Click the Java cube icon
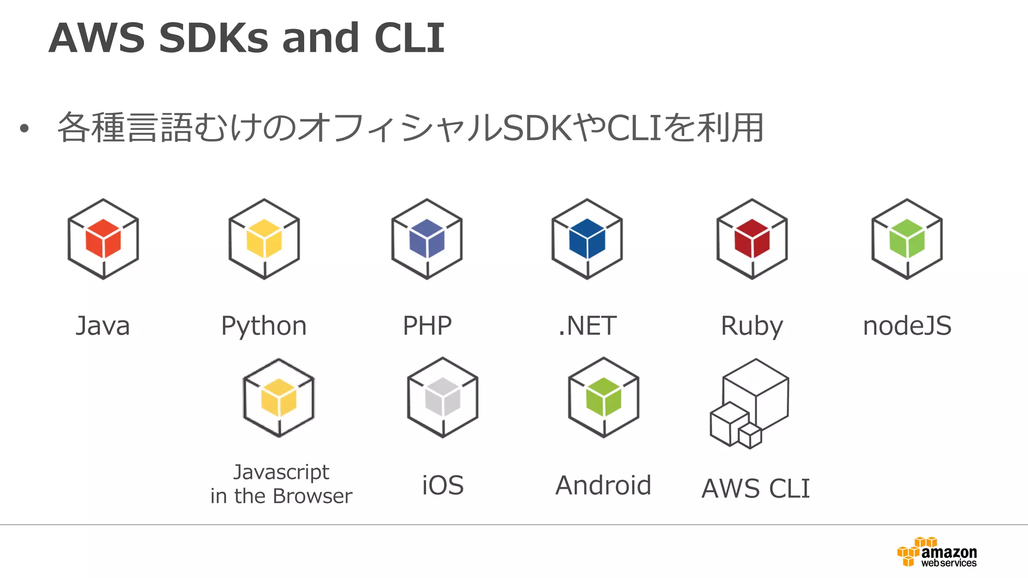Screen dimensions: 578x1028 point(103,239)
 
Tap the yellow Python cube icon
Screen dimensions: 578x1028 point(264,239)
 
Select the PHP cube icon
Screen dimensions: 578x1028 point(427,239)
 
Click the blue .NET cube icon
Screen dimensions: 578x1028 point(587,239)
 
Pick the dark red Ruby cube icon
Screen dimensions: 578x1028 point(752,239)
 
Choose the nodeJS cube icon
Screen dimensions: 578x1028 point(907,239)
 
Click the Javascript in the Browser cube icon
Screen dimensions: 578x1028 point(279,397)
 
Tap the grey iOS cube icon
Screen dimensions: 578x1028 point(443,397)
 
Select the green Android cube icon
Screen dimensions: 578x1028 point(603,397)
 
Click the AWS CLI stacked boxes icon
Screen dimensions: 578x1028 point(750,404)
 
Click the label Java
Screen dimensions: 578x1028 point(103,326)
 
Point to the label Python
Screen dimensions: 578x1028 point(264,327)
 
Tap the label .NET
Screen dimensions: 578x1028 point(587,326)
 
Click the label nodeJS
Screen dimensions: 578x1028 point(907,326)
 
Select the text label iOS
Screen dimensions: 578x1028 point(443,485)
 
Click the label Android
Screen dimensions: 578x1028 point(603,485)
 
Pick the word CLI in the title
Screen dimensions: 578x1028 point(409,38)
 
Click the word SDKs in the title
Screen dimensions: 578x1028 point(214,38)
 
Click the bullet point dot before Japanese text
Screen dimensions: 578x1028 point(24,129)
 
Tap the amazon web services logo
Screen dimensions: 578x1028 point(937,552)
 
